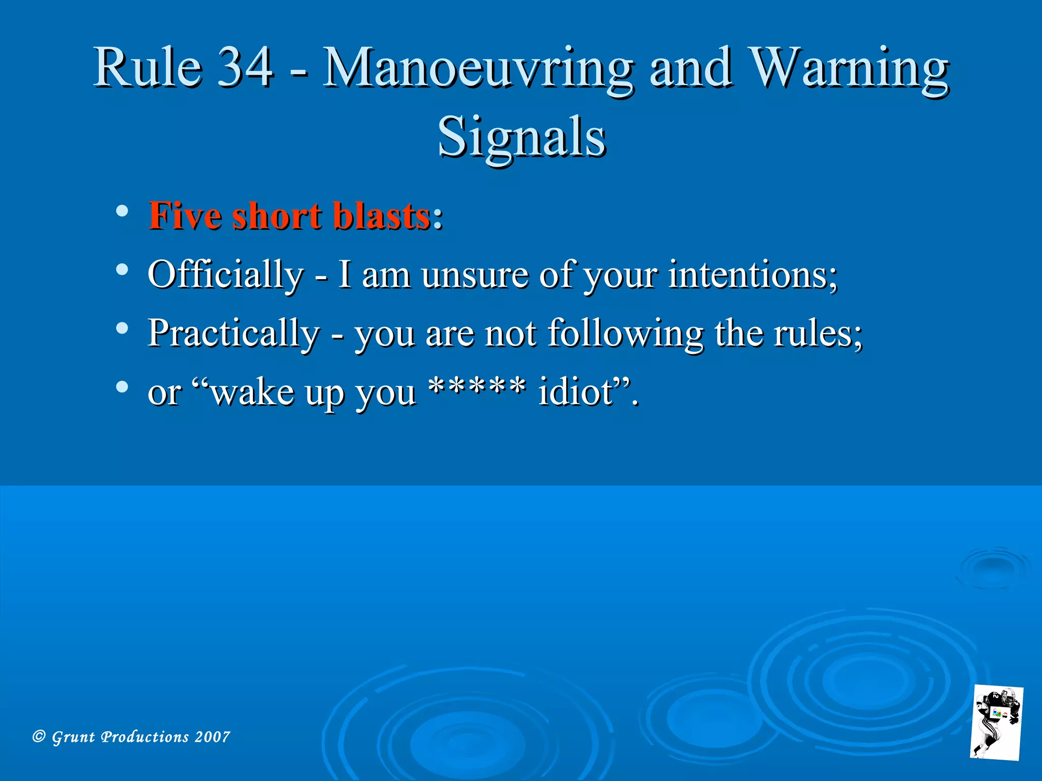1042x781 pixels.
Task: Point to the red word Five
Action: click(185, 216)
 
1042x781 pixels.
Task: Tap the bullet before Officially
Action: click(122, 269)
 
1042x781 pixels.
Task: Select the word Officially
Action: click(225, 275)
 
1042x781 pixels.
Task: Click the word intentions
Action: click(752, 275)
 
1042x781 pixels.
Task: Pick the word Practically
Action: click(234, 334)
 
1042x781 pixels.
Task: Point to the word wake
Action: click(252, 392)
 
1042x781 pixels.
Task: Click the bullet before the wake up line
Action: click(122, 387)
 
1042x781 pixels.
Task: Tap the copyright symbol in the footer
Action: click(39, 736)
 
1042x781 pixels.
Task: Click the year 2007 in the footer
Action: click(212, 736)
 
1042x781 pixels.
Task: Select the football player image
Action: click(996, 723)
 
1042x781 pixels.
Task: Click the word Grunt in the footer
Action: click(73, 737)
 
